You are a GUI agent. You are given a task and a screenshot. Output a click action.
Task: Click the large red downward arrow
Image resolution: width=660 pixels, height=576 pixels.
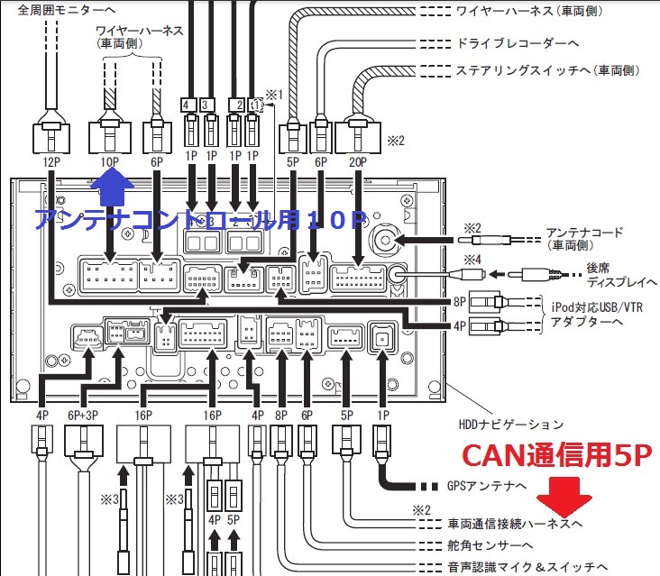[x=564, y=497]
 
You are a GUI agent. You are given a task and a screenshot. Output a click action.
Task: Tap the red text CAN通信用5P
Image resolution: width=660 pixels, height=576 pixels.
[x=557, y=455]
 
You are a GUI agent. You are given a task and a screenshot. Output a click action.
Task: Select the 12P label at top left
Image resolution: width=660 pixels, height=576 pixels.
[x=50, y=162]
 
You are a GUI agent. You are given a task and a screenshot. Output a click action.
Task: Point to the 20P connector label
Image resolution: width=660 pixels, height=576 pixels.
[x=358, y=162]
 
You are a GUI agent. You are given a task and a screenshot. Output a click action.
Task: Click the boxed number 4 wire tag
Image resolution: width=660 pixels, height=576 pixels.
[x=187, y=105]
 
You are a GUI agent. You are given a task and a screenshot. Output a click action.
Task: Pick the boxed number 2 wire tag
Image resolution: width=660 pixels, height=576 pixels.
[x=236, y=105]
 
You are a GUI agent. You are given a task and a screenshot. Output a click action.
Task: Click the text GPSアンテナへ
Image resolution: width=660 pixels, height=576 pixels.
[x=487, y=486]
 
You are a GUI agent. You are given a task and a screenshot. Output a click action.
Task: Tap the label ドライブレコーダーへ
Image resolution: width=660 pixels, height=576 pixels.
[x=518, y=43]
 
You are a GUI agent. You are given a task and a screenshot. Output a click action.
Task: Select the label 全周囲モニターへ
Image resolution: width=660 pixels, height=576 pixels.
[x=66, y=9]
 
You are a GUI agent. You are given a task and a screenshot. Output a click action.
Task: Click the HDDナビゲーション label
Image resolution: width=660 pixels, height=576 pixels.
[x=511, y=424]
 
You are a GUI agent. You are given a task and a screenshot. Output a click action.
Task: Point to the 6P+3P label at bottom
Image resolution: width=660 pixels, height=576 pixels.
[x=83, y=416]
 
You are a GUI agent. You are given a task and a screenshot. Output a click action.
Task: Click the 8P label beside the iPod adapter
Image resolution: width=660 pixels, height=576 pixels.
[x=460, y=302]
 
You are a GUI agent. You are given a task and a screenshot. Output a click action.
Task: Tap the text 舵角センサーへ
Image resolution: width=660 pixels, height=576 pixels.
[x=490, y=545]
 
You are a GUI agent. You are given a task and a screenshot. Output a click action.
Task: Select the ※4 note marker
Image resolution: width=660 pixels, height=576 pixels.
[x=472, y=260]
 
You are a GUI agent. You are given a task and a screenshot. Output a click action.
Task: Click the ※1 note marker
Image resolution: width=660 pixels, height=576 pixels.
[x=274, y=95]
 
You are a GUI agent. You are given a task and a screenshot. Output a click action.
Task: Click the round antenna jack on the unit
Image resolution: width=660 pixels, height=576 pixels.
[x=385, y=240]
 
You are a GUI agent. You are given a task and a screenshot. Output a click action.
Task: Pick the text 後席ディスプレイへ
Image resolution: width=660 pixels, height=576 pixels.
[x=621, y=275]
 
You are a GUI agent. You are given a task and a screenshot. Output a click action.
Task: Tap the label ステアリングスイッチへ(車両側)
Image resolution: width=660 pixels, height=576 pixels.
[x=547, y=70]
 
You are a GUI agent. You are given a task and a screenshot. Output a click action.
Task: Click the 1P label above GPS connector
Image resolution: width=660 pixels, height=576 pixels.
[x=383, y=416]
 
